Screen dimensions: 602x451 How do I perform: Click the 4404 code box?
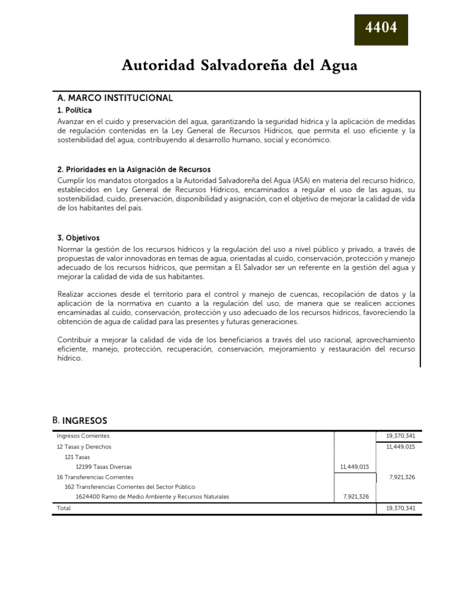click(381, 28)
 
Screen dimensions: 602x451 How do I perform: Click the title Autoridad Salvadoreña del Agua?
click(239, 66)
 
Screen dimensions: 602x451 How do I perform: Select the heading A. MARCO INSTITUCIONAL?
click(115, 98)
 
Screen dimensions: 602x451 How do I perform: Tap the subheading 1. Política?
click(75, 111)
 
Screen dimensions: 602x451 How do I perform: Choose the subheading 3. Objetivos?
click(79, 238)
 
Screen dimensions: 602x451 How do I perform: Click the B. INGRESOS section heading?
click(80, 420)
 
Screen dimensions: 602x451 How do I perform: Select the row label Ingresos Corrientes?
click(83, 436)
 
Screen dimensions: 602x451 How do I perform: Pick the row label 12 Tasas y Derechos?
click(83, 447)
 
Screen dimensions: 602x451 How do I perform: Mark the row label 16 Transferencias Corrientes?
click(95, 477)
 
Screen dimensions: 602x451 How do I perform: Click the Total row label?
click(63, 508)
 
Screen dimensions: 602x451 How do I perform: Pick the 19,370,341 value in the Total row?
click(400, 508)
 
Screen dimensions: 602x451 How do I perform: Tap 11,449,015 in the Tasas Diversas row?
click(355, 467)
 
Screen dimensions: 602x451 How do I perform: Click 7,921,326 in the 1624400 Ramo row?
click(356, 497)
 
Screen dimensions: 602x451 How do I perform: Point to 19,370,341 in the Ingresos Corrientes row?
click(400, 436)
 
